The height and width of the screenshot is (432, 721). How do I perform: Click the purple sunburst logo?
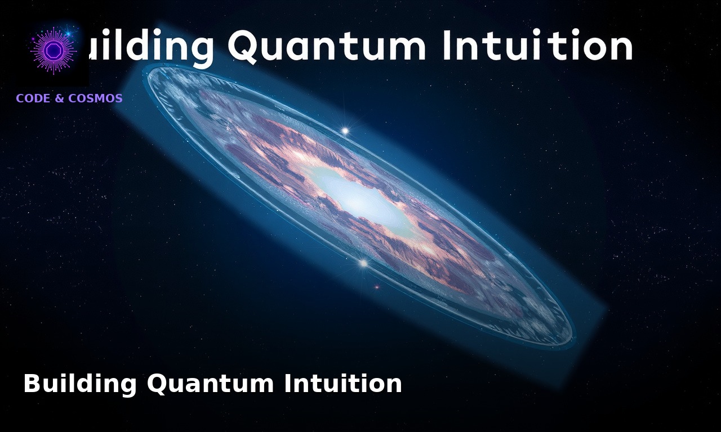[x=54, y=51]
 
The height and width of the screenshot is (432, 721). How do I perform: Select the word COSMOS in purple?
[x=95, y=98]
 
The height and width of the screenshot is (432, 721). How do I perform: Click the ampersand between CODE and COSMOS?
[x=59, y=98]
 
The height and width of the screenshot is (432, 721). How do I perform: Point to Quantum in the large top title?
[x=327, y=46]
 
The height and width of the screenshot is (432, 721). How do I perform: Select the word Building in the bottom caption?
[x=79, y=384]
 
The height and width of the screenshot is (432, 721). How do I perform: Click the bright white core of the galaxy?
[x=360, y=200]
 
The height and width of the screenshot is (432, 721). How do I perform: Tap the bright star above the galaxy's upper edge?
[x=345, y=131]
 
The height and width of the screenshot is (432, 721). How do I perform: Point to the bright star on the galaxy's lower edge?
[x=363, y=263]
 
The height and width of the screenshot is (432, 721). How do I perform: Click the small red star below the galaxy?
[x=377, y=287]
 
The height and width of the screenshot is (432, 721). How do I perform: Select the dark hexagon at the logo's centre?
[x=54, y=51]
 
